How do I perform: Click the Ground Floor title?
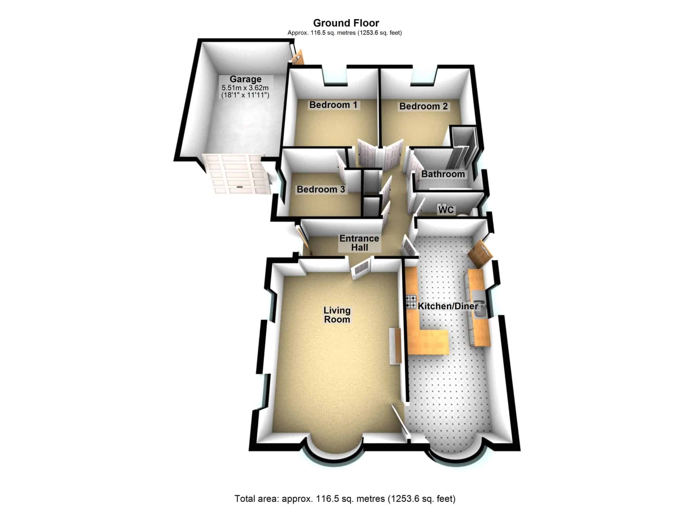346,23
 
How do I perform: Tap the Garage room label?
245,79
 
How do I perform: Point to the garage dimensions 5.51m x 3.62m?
245,88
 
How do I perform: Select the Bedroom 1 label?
333,105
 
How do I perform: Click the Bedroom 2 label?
424,106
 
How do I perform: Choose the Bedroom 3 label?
321,189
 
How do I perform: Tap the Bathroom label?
443,174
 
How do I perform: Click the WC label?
446,210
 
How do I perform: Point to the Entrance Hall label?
359,243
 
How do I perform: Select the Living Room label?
337,315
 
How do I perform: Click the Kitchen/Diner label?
448,306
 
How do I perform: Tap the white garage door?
237,173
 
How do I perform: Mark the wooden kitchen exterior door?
479,253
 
